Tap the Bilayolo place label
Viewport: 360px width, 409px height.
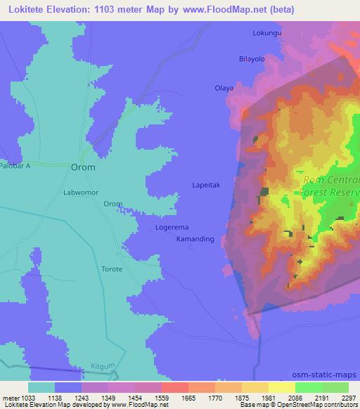pos(251,59)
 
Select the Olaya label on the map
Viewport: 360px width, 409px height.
pos(224,88)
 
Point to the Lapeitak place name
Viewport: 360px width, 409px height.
pos(207,185)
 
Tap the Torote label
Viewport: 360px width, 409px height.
pos(112,269)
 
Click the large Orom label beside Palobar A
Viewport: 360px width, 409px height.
pos(83,168)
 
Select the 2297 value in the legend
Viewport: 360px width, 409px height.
pos(349,398)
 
